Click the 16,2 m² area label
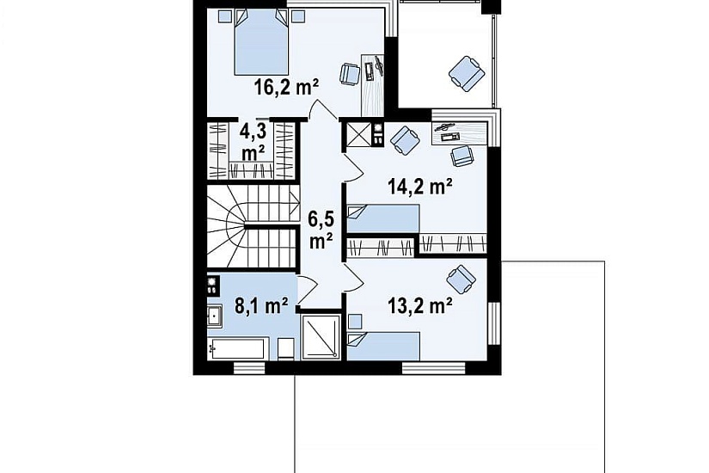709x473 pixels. click(287, 87)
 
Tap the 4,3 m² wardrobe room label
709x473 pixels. click(253, 143)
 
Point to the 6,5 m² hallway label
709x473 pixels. click(321, 230)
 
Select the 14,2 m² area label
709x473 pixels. click(420, 186)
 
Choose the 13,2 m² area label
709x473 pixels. click(420, 305)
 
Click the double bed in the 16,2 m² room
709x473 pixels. click(261, 42)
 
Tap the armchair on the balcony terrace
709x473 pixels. click(467, 73)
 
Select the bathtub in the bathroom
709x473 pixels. click(236, 348)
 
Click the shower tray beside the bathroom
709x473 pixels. click(321, 337)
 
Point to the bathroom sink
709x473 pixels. click(214, 316)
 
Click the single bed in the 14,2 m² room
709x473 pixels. click(383, 219)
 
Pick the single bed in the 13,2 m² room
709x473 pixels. click(383, 347)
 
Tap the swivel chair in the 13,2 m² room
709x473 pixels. click(461, 279)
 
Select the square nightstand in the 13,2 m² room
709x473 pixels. click(356, 322)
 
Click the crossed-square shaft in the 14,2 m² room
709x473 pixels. click(358, 135)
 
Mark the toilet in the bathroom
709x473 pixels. click(286, 349)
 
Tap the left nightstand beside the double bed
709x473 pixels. click(224, 16)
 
